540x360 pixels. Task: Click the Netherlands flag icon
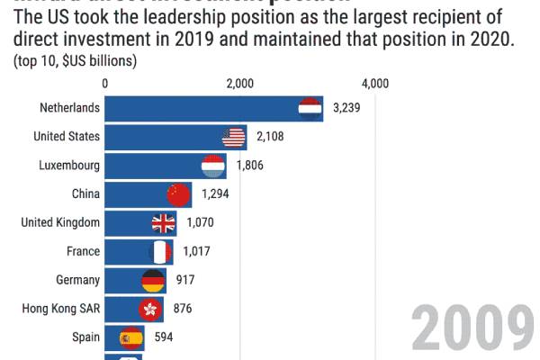[310, 109]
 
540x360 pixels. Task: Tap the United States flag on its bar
[234, 137]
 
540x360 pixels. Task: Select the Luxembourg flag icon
[213, 166]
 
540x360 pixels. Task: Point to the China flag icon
[179, 193]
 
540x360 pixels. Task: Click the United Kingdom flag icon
[164, 222]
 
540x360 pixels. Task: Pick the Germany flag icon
[154, 280]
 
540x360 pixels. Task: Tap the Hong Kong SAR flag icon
[149, 309]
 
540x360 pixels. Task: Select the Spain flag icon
[131, 337]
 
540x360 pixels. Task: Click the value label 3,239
[346, 109]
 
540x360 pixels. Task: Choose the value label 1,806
[250, 166]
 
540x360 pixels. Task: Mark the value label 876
[183, 309]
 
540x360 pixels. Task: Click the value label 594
[163, 337]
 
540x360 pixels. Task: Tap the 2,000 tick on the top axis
[240, 84]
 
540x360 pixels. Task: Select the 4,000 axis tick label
[374, 84]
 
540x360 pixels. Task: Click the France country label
[83, 251]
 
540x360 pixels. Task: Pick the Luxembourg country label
[69, 166]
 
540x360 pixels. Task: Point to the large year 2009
[473, 328]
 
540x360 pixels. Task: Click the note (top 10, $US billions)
[75, 61]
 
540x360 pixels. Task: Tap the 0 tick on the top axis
[106, 84]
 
